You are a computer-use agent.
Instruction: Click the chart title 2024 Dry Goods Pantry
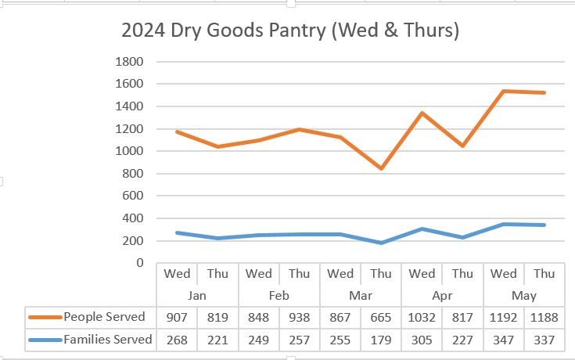pyautogui.click(x=289, y=31)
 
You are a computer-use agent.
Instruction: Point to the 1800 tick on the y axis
pyautogui.click(x=129, y=62)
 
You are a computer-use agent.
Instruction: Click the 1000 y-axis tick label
pyautogui.click(x=129, y=151)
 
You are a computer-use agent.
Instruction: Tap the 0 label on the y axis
pyautogui.click(x=139, y=263)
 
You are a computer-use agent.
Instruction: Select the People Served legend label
pyautogui.click(x=104, y=317)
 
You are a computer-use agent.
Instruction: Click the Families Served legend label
pyautogui.click(x=109, y=340)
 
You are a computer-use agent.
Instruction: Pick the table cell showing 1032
pyautogui.click(x=422, y=317)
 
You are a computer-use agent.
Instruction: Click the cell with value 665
pyautogui.click(x=381, y=317)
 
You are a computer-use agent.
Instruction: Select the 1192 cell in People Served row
pyautogui.click(x=503, y=317)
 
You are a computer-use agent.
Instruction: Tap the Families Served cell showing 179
pyautogui.click(x=381, y=340)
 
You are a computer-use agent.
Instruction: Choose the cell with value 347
pyautogui.click(x=503, y=340)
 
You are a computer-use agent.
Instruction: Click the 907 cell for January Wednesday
pyautogui.click(x=178, y=317)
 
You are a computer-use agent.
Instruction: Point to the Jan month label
pyautogui.click(x=198, y=296)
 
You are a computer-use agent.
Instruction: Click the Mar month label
pyautogui.click(x=361, y=296)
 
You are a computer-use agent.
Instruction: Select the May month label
pyautogui.click(x=523, y=296)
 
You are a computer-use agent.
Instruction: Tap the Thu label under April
pyautogui.click(x=462, y=274)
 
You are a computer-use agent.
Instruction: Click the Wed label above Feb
pyautogui.click(x=259, y=274)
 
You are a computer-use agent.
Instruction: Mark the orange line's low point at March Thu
pyautogui.click(x=381, y=168)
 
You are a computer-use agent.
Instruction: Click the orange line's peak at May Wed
pyautogui.click(x=503, y=92)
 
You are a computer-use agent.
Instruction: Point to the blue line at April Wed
pyautogui.click(x=422, y=229)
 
